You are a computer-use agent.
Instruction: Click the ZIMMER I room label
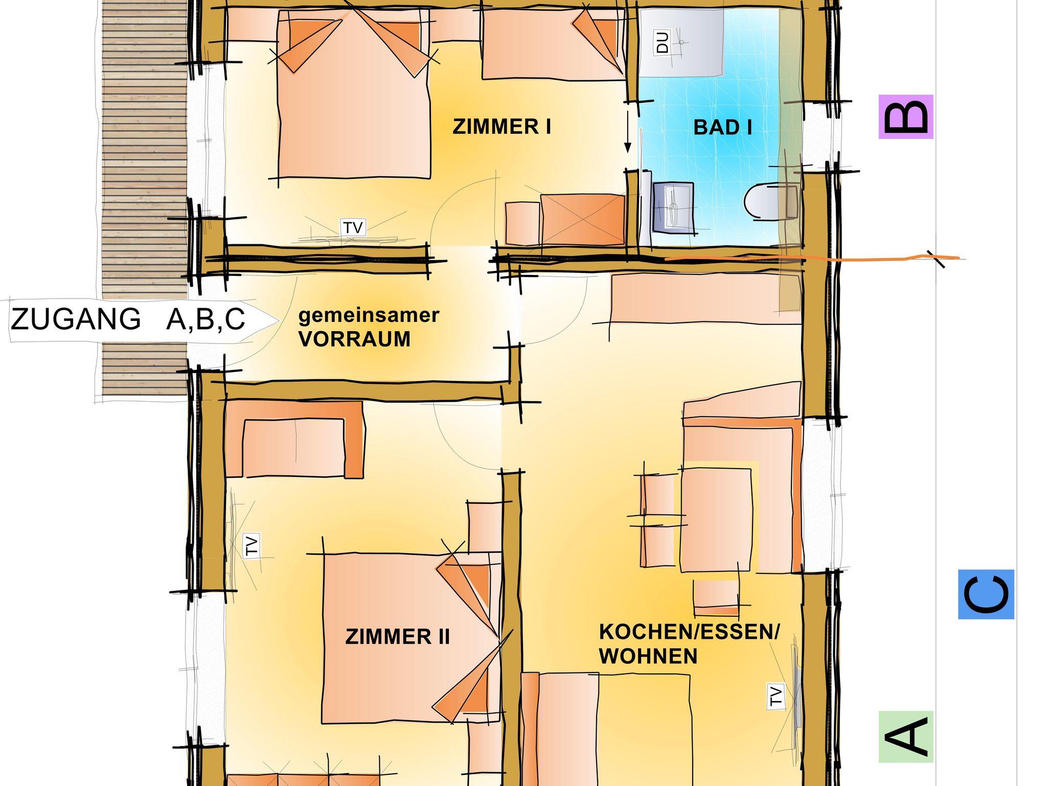click(502, 126)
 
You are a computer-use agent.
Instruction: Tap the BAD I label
click(722, 127)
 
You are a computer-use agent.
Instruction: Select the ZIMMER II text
click(398, 637)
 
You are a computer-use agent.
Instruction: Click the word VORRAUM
click(354, 339)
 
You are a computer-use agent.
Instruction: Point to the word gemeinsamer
click(369, 315)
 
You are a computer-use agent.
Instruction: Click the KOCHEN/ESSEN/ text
click(689, 632)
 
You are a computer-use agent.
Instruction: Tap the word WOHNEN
click(648, 656)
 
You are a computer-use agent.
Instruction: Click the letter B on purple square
click(906, 117)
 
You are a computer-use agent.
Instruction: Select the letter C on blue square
click(986, 594)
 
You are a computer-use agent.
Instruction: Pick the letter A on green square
click(906, 736)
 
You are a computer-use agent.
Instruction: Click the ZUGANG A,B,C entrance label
click(128, 319)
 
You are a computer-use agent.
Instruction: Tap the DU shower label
click(662, 42)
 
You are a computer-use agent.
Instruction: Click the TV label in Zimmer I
click(353, 227)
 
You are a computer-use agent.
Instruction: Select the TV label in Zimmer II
click(251, 545)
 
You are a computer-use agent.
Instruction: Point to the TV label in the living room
click(776, 696)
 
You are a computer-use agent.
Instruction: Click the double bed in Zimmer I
click(354, 95)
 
